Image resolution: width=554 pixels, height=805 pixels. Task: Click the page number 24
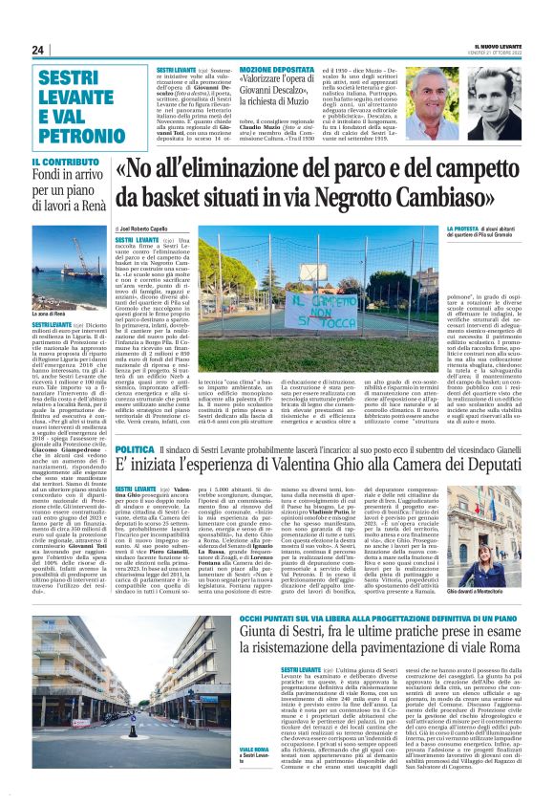(38, 50)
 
